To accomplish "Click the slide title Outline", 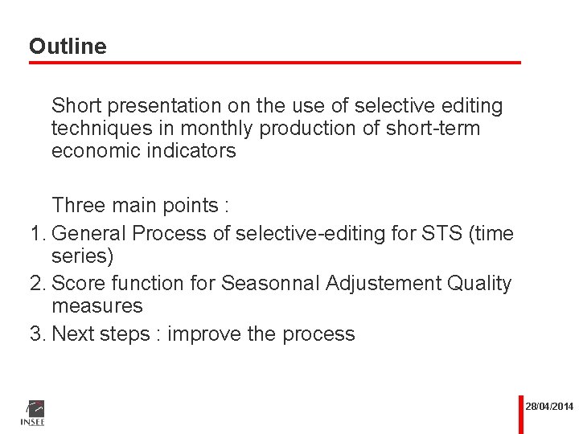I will click(x=68, y=47).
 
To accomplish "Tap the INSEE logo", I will click(x=32, y=412).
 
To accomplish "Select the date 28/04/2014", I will click(x=549, y=407).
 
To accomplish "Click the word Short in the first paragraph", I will click(x=76, y=106).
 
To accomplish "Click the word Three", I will click(x=78, y=206).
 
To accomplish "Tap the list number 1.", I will click(x=35, y=234).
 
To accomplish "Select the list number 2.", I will click(x=35, y=284).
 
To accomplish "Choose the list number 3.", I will click(x=35, y=334).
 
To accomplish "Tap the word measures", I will click(x=96, y=306).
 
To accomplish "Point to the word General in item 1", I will click(x=88, y=234).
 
